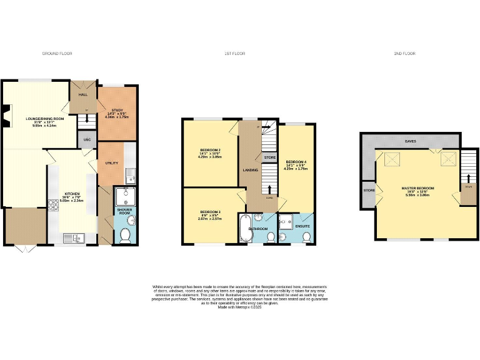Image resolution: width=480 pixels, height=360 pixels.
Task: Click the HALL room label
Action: (x=82, y=95)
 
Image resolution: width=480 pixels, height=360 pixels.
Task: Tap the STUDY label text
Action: (x=117, y=110)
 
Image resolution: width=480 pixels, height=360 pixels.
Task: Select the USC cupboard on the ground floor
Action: (x=87, y=140)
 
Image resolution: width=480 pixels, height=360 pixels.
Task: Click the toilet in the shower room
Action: (x=124, y=235)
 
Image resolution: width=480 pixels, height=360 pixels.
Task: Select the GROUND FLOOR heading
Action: (x=57, y=54)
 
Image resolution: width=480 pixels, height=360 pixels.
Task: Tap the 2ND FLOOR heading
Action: (x=404, y=54)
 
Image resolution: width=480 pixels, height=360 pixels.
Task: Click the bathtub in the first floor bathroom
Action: (x=244, y=229)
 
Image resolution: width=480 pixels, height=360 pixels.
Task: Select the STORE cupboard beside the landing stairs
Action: (x=269, y=157)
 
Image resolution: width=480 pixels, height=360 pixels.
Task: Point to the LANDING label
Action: (x=251, y=170)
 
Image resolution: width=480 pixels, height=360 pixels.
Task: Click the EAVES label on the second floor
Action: (x=411, y=141)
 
